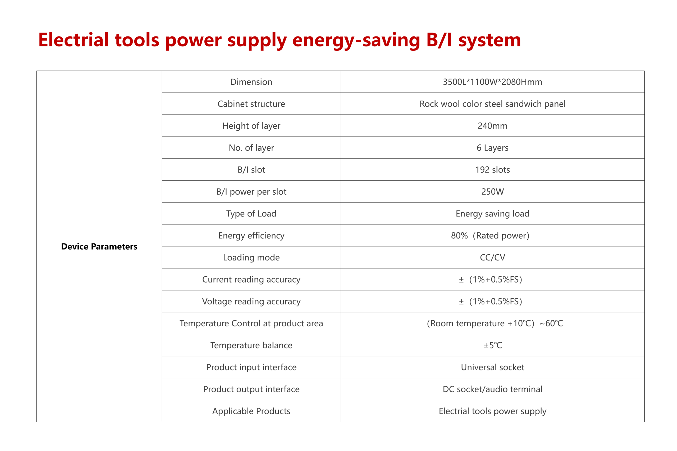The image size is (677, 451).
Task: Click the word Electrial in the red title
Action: pos(74,40)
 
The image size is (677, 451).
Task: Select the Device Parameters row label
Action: pos(99,247)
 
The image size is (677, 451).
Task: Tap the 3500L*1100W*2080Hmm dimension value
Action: pos(492,82)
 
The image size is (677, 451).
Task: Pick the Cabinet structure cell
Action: pos(251,104)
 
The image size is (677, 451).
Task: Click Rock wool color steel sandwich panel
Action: pos(492,104)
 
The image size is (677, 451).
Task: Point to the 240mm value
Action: pos(492,126)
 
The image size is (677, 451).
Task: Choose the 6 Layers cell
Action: pos(492,148)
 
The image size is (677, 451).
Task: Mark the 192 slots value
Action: pos(492,170)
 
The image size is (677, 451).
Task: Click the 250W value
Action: pos(492,191)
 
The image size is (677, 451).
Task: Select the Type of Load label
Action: pos(251,214)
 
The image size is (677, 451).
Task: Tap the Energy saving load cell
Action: pos(492,214)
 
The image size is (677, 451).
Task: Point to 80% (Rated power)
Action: pos(490,236)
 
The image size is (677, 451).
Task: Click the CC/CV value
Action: pos(492,257)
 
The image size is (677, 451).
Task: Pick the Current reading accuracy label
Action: pos(251,280)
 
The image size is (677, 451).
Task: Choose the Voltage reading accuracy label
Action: pos(251,302)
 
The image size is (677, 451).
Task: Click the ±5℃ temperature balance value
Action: pos(493,345)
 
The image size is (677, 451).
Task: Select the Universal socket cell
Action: pos(492,367)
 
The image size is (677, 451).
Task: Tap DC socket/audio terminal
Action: pos(492,389)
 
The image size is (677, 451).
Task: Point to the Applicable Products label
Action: pos(251,411)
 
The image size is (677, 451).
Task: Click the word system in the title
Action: pos(490,41)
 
